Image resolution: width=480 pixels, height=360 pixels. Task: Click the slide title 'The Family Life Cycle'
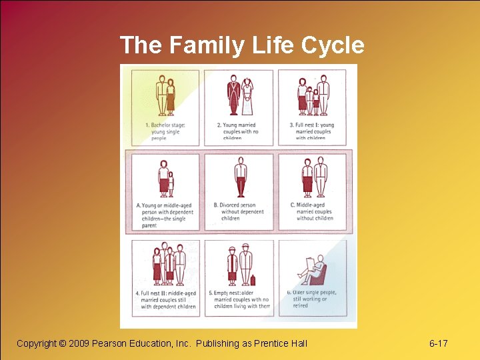(x=242, y=45)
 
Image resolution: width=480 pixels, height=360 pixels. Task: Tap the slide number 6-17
(x=438, y=343)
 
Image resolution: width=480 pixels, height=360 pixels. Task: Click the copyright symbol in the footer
(x=63, y=343)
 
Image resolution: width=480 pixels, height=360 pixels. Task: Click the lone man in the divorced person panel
(x=241, y=178)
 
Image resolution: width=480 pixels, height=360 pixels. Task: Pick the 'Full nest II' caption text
(x=166, y=299)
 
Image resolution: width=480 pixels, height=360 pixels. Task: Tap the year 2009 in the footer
(x=81, y=343)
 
